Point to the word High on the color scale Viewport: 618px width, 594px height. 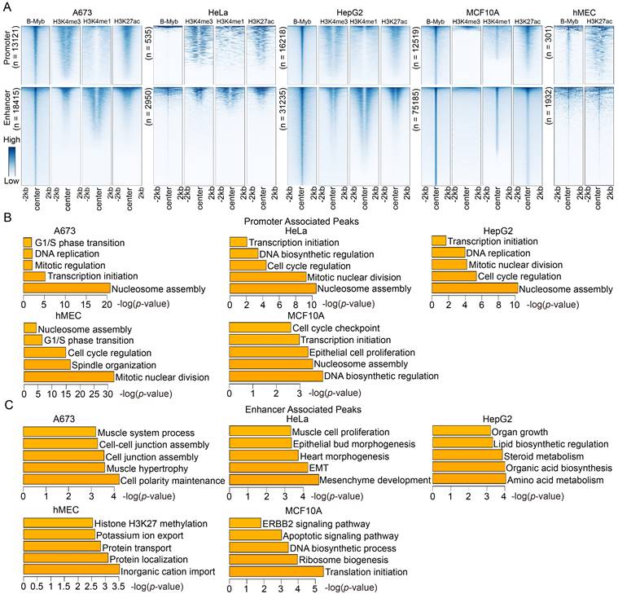click(14, 139)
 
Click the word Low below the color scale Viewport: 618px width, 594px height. click(14, 180)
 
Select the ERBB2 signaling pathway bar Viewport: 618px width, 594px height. click(245, 522)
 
